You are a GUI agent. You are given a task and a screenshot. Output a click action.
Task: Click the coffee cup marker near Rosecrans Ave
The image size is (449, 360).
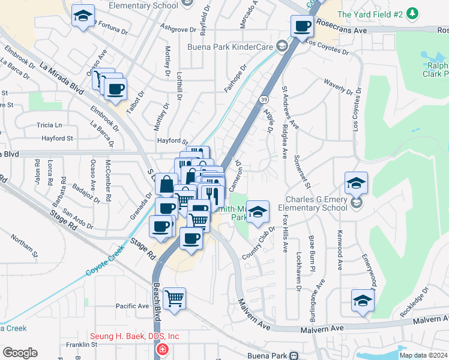click(303, 26)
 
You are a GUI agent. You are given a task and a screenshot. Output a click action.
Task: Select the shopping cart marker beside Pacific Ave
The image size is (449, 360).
click(174, 298)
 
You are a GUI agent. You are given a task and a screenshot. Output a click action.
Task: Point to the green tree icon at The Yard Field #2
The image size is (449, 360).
click(412, 13)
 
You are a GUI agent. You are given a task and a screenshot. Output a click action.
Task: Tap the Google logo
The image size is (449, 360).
click(20, 353)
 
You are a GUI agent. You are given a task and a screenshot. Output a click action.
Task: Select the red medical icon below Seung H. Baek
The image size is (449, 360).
click(161, 350)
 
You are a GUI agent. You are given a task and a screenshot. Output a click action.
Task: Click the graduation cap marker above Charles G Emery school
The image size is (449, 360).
click(356, 182)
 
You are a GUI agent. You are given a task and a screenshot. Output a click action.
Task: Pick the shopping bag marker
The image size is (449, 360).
click(167, 183)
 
